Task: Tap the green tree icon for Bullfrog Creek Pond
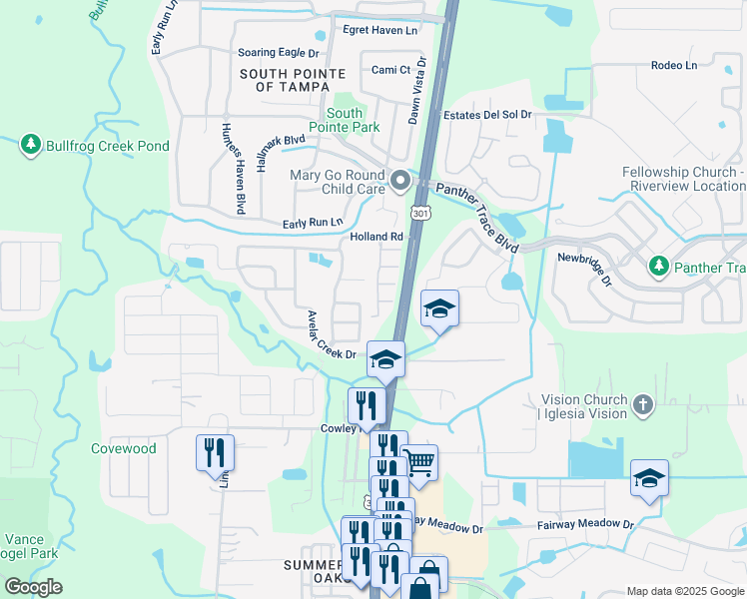pyautogui.click(x=31, y=146)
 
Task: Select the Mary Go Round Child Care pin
pyautogui.click(x=400, y=181)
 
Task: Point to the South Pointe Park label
pyautogui.click(x=344, y=121)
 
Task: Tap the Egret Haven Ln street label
pyautogui.click(x=379, y=31)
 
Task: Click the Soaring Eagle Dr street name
pyautogui.click(x=278, y=52)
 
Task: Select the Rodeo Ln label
pyautogui.click(x=673, y=66)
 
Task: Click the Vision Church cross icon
pyautogui.click(x=644, y=405)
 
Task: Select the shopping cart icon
pyautogui.click(x=420, y=462)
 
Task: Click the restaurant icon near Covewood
pyautogui.click(x=215, y=452)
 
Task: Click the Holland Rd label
pyautogui.click(x=375, y=237)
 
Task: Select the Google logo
pyautogui.click(x=34, y=587)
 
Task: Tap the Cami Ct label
pyautogui.click(x=390, y=70)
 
